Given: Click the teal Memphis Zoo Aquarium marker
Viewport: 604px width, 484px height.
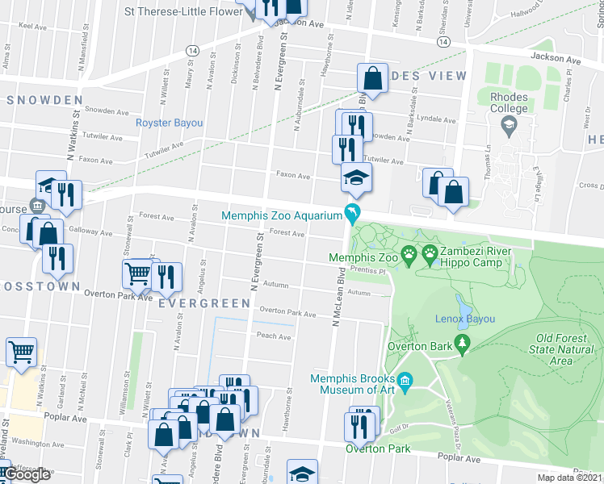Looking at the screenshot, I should pyautogui.click(x=353, y=215).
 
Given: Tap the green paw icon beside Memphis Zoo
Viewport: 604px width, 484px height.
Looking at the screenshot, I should pyautogui.click(x=410, y=257).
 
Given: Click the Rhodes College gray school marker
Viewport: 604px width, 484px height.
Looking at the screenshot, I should pyautogui.click(x=510, y=125).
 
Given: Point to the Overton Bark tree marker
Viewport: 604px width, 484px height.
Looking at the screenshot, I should pyautogui.click(x=463, y=345).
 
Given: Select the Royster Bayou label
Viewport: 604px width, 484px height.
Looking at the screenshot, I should pyautogui.click(x=169, y=123).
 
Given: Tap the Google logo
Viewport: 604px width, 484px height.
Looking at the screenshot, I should pyautogui.click(x=27, y=475).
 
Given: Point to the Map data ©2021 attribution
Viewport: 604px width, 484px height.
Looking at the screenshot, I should pyautogui.click(x=570, y=478).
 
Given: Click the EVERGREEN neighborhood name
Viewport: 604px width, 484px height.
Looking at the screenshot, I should pyautogui.click(x=204, y=303).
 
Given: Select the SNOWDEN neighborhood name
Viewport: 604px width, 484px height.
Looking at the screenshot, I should pyautogui.click(x=44, y=100).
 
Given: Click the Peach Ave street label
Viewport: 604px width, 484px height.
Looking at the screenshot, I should pyautogui.click(x=274, y=336).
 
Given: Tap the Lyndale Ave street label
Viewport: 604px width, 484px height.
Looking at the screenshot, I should pyautogui.click(x=435, y=119).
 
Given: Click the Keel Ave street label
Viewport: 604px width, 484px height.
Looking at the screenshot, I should pyautogui.click(x=32, y=26).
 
